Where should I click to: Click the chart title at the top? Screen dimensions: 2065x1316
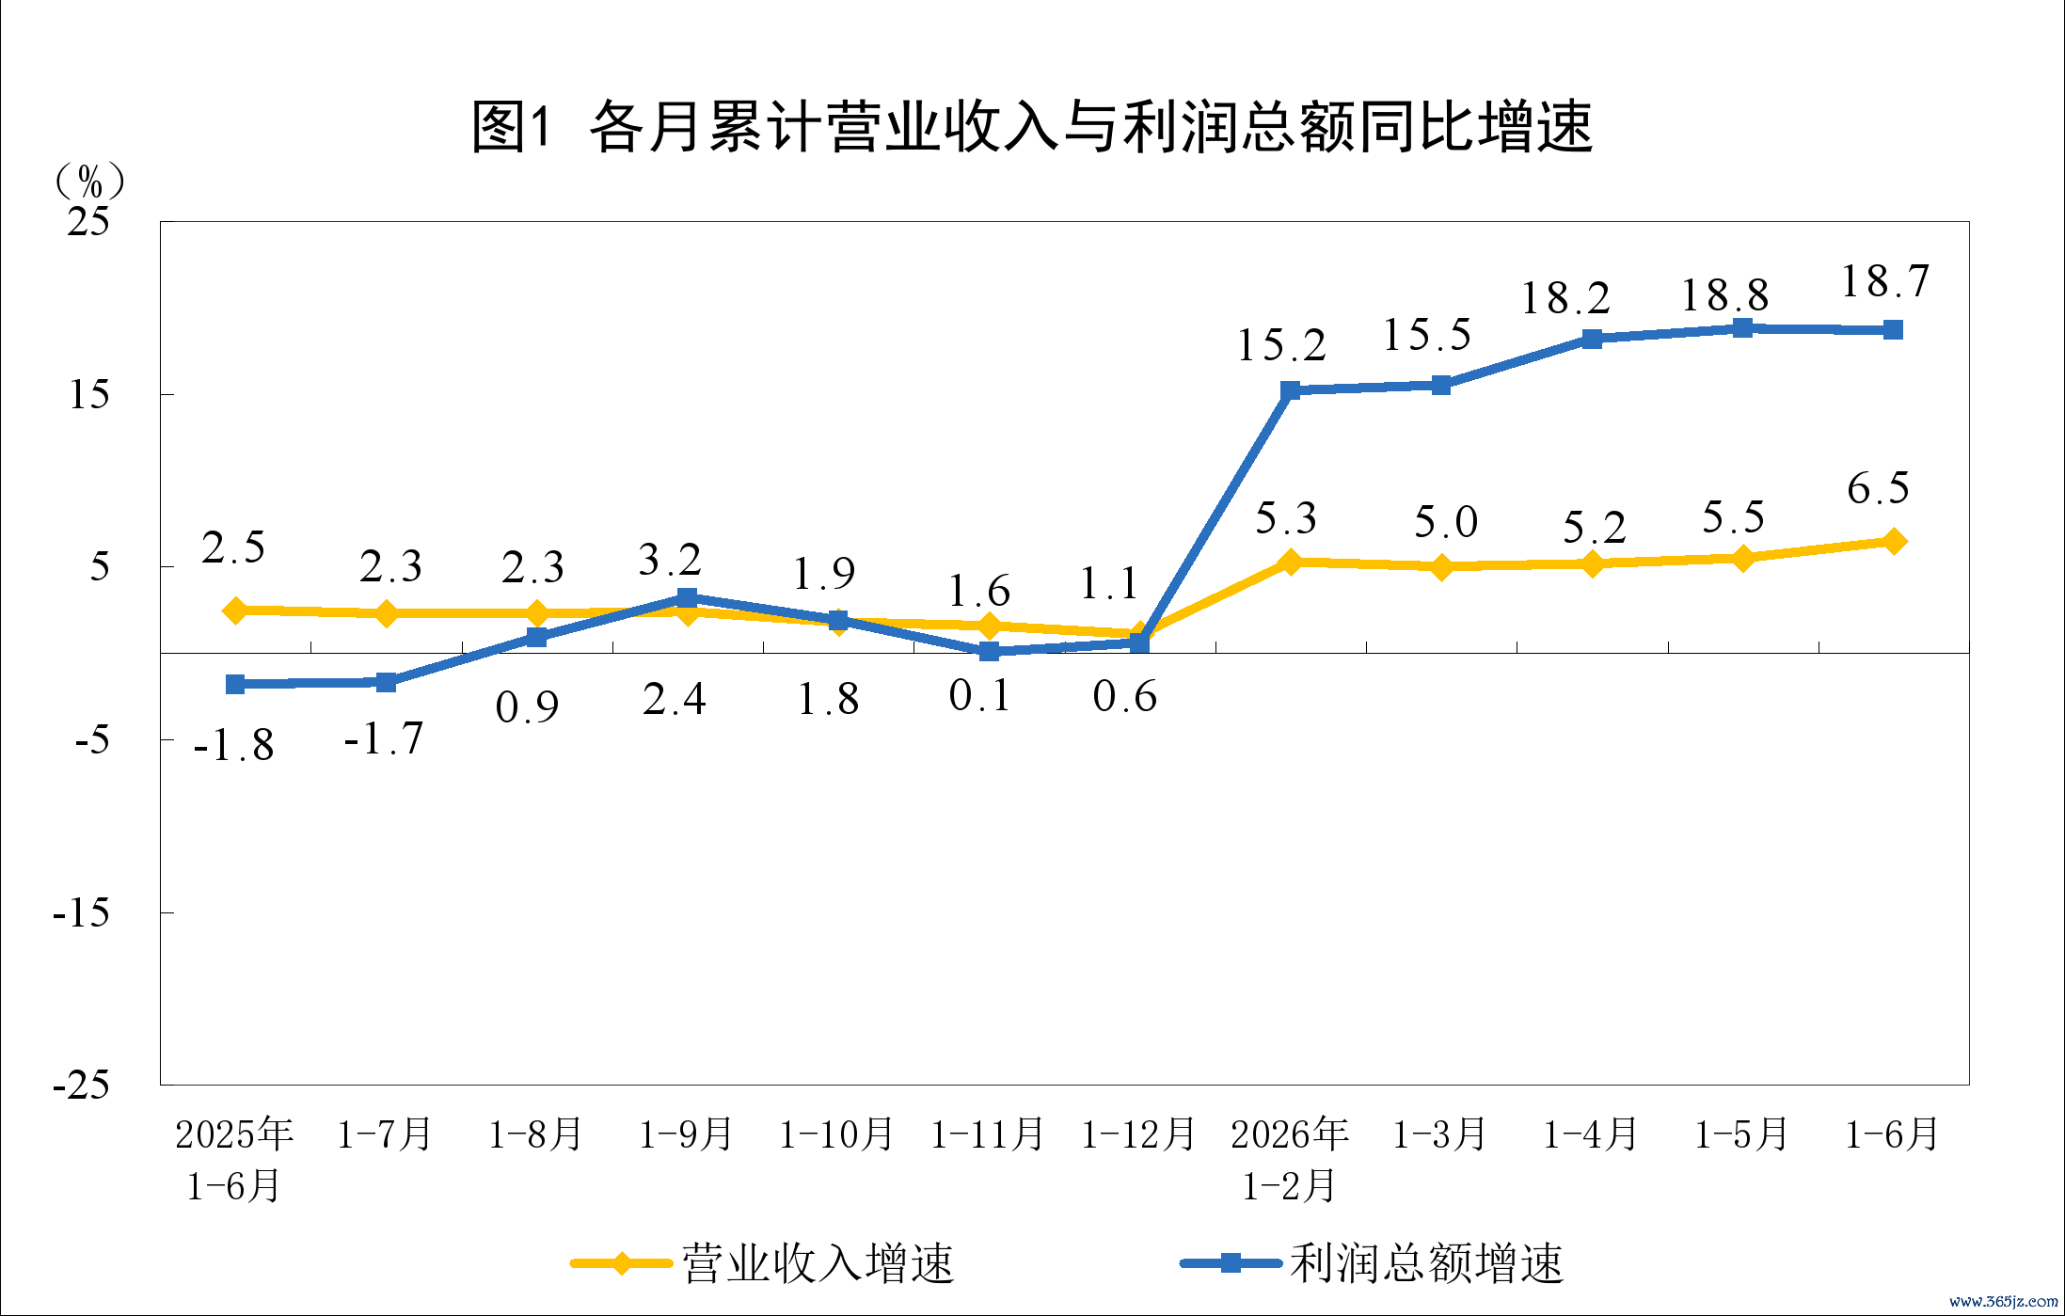tap(1032, 127)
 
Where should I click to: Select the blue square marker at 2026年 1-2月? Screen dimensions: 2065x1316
tap(1291, 390)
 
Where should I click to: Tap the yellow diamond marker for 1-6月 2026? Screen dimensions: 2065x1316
tap(1894, 541)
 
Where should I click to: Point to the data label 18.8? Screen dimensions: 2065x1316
tap(1725, 295)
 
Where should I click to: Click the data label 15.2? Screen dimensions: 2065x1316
tap(1281, 345)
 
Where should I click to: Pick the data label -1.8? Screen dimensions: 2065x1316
tap(233, 745)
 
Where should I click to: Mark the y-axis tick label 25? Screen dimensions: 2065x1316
tap(88, 221)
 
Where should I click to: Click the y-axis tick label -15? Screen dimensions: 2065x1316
tap(81, 912)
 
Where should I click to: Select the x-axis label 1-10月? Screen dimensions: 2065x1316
tap(836, 1134)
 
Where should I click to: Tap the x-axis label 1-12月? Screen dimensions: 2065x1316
tap(1138, 1134)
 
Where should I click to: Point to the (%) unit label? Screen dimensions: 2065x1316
tap(89, 180)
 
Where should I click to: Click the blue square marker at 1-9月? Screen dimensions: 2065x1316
tap(688, 598)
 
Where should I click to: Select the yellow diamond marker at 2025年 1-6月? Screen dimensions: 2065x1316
tap(235, 610)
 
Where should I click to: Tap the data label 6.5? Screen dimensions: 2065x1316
tap(1878, 488)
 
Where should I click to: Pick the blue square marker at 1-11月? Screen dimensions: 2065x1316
tap(989, 651)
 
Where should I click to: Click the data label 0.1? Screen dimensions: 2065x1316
tap(979, 696)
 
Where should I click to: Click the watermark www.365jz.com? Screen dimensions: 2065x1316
tap(2003, 1302)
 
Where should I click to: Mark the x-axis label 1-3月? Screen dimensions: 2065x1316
tap(1439, 1134)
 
